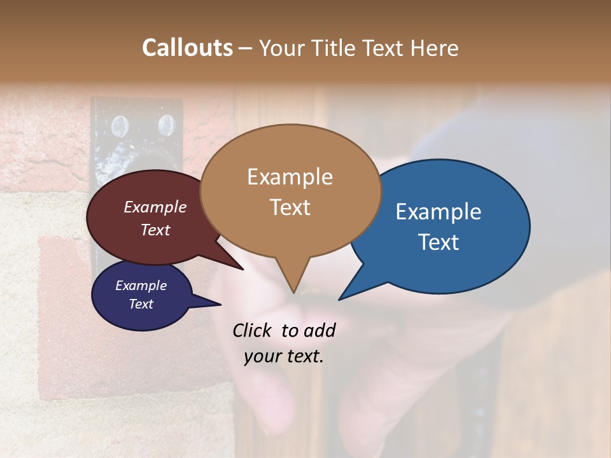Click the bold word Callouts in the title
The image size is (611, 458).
pos(187,48)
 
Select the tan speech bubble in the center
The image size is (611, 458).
pos(290,191)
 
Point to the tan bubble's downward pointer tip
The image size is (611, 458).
pos(293,292)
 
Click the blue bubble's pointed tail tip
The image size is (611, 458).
pos(339,299)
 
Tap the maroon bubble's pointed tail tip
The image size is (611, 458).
pos(243,269)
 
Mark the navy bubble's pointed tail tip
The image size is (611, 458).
pos(220,305)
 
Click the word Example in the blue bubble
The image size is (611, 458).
pos(439,212)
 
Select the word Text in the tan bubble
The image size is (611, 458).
pos(290,207)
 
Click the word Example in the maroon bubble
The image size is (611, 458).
pos(155,207)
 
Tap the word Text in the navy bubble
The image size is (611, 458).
pos(141,304)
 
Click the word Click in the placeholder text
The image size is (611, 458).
pos(252,330)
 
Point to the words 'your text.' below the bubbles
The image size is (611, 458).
pos(284,356)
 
